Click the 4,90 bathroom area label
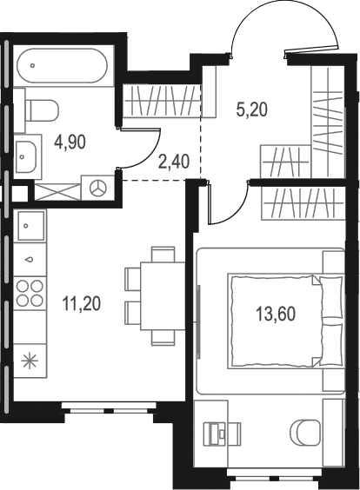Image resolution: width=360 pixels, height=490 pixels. pyautogui.click(x=70, y=142)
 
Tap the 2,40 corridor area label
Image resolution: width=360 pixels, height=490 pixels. pyautogui.click(x=174, y=162)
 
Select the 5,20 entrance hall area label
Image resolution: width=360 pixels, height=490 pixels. pyautogui.click(x=252, y=110)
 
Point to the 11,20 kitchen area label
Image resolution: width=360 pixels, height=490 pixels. pyautogui.click(x=82, y=304)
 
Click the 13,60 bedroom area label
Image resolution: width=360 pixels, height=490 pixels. pyautogui.click(x=276, y=314)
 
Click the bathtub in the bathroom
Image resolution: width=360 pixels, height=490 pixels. pyautogui.click(x=63, y=66)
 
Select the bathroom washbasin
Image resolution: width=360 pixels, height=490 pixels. pyautogui.click(x=26, y=156)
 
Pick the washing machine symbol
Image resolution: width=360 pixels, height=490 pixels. pyautogui.click(x=98, y=189)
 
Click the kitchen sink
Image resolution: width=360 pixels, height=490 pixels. pyautogui.click(x=30, y=225)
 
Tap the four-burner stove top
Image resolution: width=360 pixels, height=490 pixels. pyautogui.click(x=30, y=293)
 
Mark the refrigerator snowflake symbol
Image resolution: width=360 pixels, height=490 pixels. pyautogui.click(x=30, y=361)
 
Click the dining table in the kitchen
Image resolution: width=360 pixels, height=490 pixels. pyautogui.click(x=163, y=296)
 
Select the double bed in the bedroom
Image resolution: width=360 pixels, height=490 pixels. pyautogui.click(x=285, y=321)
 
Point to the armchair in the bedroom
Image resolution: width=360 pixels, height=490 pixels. pyautogui.click(x=305, y=431)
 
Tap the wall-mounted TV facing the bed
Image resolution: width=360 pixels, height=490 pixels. pyautogui.click(x=198, y=321)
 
